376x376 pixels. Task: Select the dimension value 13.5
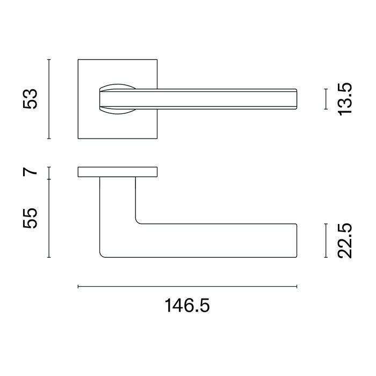pos(344,99)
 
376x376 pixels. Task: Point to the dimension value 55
pos(31,218)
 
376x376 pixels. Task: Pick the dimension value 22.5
pos(344,241)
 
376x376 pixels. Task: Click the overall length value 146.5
pos(187,306)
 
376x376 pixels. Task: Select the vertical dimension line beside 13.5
pos(326,99)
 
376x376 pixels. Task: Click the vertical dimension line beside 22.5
pos(326,241)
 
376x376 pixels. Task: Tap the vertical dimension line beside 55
pos(49,218)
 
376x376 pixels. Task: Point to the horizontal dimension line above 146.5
pos(187,286)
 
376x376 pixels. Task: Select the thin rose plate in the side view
pos(118,172)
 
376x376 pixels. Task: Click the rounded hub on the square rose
pos(115,99)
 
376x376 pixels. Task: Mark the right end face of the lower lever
pos(296,240)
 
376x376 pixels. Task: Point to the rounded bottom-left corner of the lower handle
pos(103,253)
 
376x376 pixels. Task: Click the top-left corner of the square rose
pos(78,60)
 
